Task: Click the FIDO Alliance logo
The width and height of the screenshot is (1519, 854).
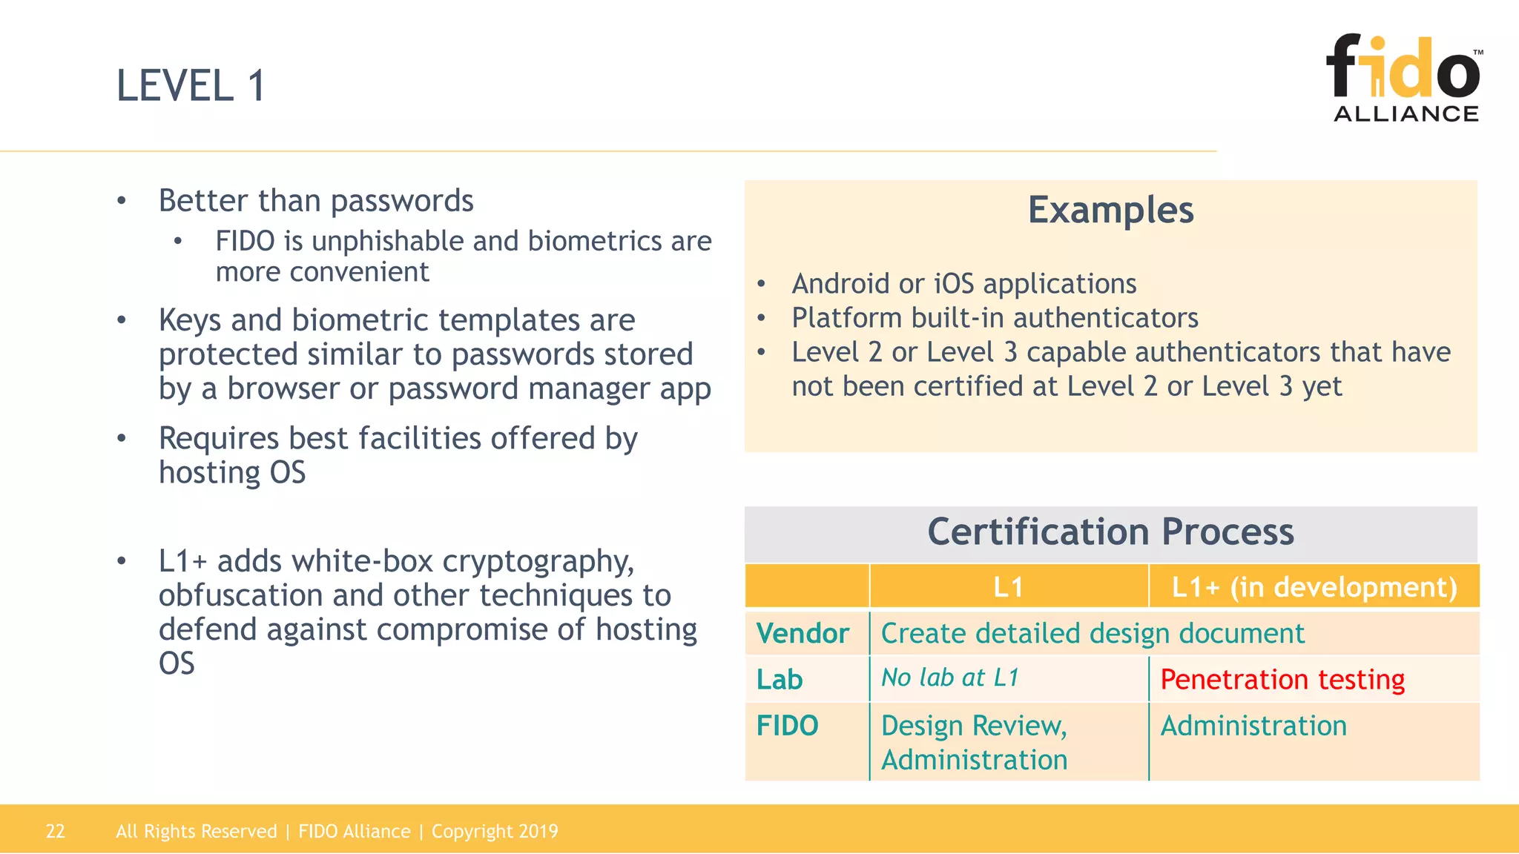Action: click(x=1404, y=78)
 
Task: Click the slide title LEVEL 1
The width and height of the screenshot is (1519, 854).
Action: click(x=191, y=85)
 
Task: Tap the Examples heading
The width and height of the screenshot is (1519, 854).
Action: click(x=1110, y=210)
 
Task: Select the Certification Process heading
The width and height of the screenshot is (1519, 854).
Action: click(x=1110, y=532)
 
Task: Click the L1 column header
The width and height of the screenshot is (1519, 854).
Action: click(x=1008, y=587)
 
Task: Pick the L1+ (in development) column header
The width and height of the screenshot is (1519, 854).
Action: click(x=1314, y=587)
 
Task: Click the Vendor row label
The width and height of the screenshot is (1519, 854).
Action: click(x=803, y=634)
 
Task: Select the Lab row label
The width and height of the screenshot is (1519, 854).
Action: click(x=780, y=679)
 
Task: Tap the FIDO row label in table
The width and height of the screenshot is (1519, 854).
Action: click(x=787, y=725)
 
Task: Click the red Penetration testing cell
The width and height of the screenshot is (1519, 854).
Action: click(x=1282, y=679)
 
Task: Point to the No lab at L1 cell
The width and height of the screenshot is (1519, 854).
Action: click(x=950, y=678)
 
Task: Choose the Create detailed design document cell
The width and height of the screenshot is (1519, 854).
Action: click(x=1092, y=634)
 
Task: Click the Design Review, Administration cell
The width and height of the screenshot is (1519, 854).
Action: click(x=974, y=742)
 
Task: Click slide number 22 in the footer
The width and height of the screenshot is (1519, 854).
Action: click(x=56, y=831)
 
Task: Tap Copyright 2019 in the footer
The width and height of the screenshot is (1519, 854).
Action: click(x=495, y=831)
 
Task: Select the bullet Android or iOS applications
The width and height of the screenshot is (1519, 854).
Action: click(x=963, y=284)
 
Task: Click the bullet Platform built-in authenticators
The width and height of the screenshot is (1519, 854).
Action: click(x=995, y=318)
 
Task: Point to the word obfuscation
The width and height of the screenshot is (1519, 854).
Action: click(x=240, y=595)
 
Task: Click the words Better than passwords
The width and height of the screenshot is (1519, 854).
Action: click(x=316, y=201)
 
